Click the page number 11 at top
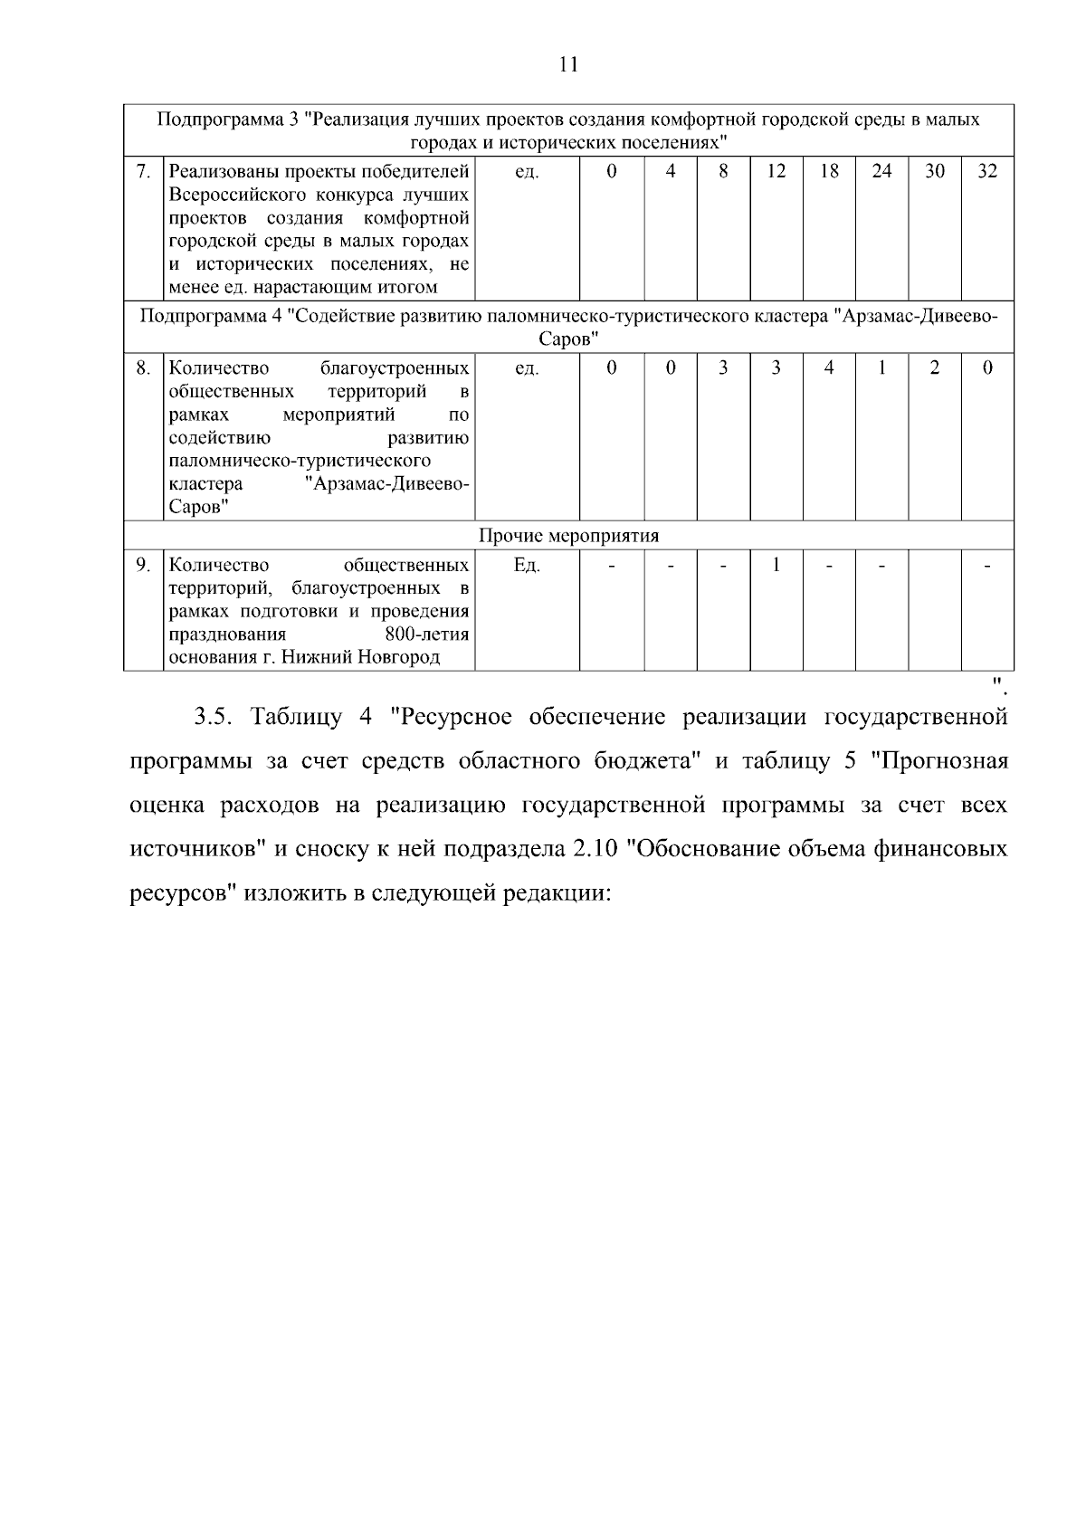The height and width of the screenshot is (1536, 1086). pyautogui.click(x=568, y=64)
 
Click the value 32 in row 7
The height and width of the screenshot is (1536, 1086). pyautogui.click(x=987, y=171)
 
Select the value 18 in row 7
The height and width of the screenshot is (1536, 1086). pyautogui.click(x=829, y=171)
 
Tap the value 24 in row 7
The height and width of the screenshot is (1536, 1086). pyautogui.click(x=881, y=171)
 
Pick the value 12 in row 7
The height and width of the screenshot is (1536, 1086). pyautogui.click(x=776, y=171)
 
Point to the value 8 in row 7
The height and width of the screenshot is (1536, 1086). pyautogui.click(x=723, y=171)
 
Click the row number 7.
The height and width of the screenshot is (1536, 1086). pyautogui.click(x=142, y=171)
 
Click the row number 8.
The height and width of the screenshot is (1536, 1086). pyautogui.click(x=142, y=367)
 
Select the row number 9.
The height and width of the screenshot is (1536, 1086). pyautogui.click(x=142, y=565)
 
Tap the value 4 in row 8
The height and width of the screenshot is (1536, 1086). pyautogui.click(x=829, y=367)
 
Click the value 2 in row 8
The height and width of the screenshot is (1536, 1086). pyautogui.click(x=935, y=367)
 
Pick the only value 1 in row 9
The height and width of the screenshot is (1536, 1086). pyautogui.click(x=776, y=565)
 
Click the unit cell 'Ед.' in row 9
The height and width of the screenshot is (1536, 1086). pyautogui.click(x=527, y=565)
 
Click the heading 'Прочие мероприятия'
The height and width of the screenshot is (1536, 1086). pyautogui.click(x=568, y=535)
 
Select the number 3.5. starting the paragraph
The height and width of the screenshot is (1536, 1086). pyautogui.click(x=215, y=718)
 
